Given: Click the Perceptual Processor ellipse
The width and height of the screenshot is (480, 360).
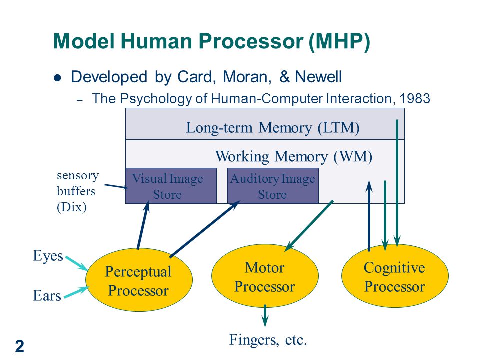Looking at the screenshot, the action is (139, 280).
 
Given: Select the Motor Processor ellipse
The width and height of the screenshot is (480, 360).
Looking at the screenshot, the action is (265, 276).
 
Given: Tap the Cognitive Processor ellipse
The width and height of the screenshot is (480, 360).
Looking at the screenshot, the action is (395, 276).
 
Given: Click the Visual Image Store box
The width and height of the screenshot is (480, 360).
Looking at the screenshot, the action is (171, 186).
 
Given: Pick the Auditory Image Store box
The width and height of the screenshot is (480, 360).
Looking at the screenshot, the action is (273, 186).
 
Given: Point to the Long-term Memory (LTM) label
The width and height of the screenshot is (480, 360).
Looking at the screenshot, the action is (273, 127).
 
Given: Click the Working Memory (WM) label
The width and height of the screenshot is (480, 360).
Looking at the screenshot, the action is (294, 156).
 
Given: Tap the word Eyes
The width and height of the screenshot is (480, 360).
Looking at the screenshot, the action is (48, 256).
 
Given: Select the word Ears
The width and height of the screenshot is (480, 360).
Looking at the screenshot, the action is (47, 296).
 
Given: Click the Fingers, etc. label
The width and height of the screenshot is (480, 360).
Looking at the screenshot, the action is (268, 340).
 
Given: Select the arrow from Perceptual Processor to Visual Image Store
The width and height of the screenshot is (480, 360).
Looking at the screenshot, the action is (143, 225).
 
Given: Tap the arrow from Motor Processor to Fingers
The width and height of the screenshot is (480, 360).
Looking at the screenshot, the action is (265, 315).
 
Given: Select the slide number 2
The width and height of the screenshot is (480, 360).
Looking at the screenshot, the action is (20, 346).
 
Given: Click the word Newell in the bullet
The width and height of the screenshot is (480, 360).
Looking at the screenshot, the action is (318, 77).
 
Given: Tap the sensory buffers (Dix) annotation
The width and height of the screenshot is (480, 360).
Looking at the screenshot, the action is (78, 191).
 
